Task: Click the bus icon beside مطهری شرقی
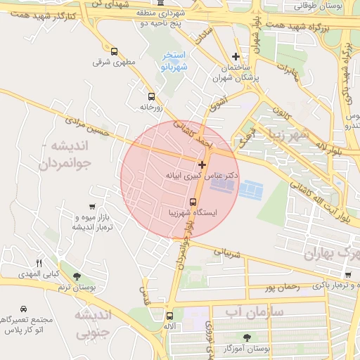115,51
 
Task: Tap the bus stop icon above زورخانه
150,96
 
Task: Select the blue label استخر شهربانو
174,61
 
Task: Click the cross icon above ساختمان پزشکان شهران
236,57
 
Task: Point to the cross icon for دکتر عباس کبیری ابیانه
202,164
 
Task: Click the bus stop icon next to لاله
169,316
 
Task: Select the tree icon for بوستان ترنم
76,276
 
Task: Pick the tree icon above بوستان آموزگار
246,338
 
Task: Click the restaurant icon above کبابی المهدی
39,263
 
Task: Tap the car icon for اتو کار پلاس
24,309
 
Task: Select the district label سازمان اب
254,310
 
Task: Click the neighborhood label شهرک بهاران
330,253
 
